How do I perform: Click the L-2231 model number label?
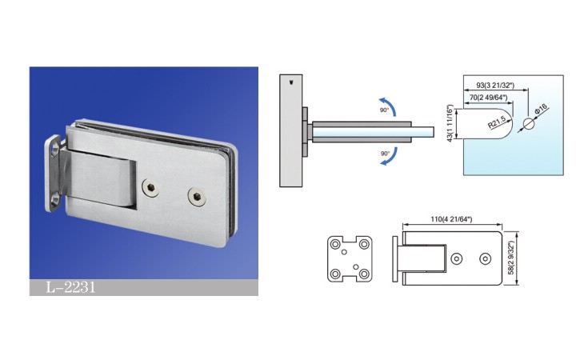(x=70, y=287)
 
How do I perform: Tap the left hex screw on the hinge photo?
(x=150, y=187)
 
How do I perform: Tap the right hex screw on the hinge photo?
(x=197, y=196)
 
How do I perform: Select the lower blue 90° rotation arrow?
(x=390, y=158)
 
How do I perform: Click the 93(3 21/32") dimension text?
(x=495, y=86)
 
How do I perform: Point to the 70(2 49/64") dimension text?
(x=488, y=98)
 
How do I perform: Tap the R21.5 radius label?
(x=497, y=122)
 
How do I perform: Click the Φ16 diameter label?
(x=541, y=110)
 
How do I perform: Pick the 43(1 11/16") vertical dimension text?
(x=450, y=123)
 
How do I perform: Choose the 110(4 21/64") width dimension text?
(x=451, y=219)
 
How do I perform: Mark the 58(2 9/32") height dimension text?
(x=511, y=258)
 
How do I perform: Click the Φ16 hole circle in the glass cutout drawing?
(x=529, y=124)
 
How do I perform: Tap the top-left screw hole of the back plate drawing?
(x=335, y=245)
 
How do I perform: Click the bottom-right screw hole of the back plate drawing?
(x=364, y=274)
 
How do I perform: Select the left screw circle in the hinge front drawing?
(x=457, y=258)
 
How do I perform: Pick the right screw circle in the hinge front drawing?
(x=485, y=258)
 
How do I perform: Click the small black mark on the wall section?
(x=291, y=82)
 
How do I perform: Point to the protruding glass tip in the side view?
(x=422, y=132)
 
